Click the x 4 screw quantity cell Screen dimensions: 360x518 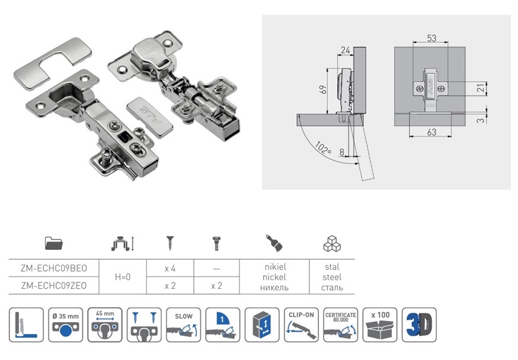point(170,268)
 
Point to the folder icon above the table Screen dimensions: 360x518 point(54,243)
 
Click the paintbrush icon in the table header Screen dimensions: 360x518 point(273,243)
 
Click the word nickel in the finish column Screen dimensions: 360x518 point(273,277)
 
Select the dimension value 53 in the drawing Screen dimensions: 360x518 point(431,38)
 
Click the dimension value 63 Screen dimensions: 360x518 point(431,132)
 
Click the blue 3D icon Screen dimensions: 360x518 point(419,324)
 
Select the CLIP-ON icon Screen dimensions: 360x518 point(302,324)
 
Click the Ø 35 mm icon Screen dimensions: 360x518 point(66,324)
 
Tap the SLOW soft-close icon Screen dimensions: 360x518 point(184,324)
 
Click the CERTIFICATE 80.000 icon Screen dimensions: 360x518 point(341,324)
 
